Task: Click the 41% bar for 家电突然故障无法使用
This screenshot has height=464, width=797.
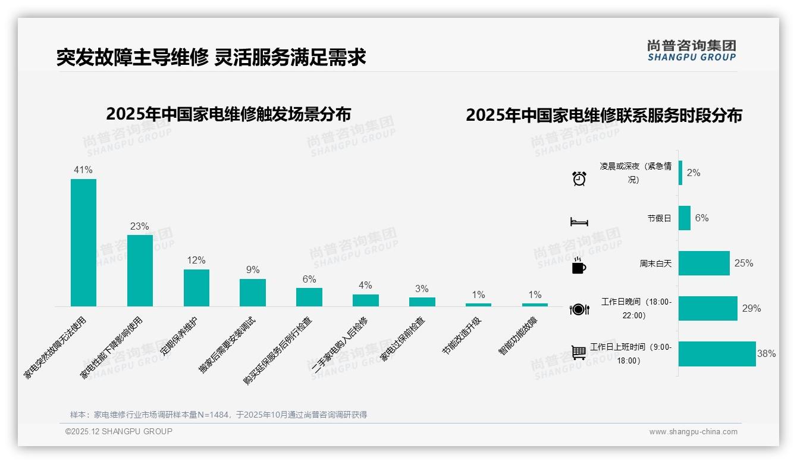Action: [x=83, y=243]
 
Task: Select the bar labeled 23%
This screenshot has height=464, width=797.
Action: [x=140, y=271]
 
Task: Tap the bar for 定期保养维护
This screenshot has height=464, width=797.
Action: [x=196, y=288]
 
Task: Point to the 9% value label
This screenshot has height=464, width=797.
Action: [x=253, y=269]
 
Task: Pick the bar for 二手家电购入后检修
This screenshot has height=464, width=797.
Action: [x=366, y=300]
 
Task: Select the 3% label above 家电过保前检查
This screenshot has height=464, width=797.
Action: [x=422, y=289]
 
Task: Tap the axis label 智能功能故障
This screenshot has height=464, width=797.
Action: [x=517, y=337]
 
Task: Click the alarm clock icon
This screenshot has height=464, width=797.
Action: [x=579, y=178]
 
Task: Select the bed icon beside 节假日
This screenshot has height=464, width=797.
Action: [x=579, y=222]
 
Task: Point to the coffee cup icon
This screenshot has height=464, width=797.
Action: [x=579, y=267]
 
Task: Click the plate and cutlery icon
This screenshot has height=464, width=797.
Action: [x=579, y=309]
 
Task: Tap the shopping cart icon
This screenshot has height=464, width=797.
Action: [x=579, y=353]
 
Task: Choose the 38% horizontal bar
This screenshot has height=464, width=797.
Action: [x=717, y=354]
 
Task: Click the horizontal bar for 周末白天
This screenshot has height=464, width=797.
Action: [x=704, y=263]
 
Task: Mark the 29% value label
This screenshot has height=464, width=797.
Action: [x=751, y=308]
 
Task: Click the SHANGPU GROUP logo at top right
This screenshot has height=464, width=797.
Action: [x=692, y=51]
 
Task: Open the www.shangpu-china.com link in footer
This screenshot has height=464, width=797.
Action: [x=693, y=432]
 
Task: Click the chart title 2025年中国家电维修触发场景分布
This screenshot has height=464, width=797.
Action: [x=228, y=114]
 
